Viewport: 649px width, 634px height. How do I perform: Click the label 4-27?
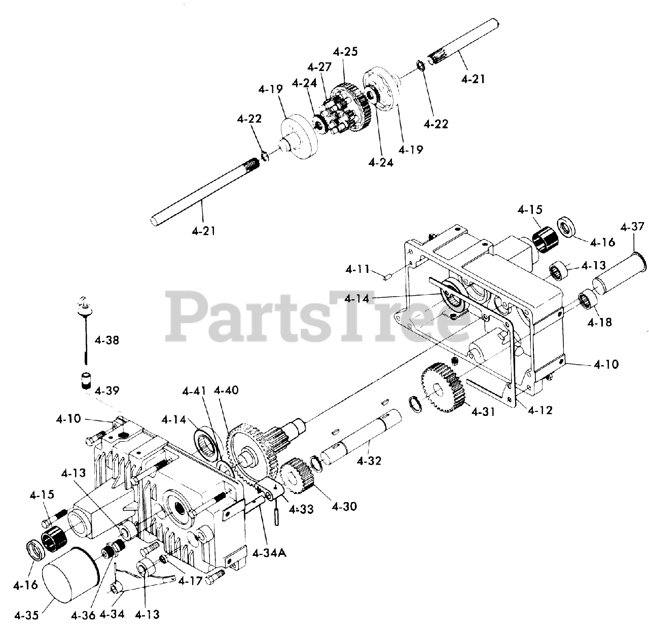[319, 67]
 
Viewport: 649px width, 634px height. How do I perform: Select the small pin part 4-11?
[386, 276]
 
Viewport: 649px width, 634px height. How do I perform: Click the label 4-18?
[600, 322]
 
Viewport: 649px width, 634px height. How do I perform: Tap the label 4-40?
[226, 391]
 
